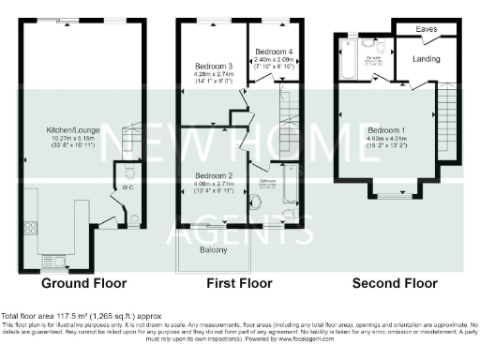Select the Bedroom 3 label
(214, 67)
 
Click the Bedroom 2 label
(214, 175)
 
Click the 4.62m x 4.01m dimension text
(385, 139)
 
